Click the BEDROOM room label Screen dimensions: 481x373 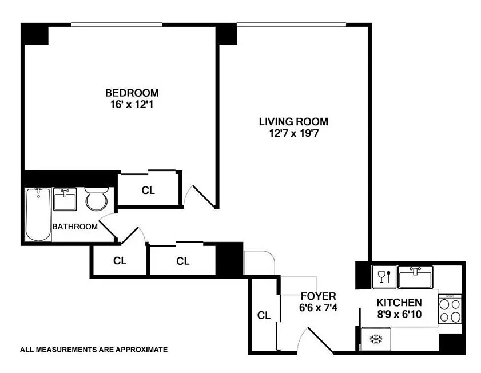tap(132, 93)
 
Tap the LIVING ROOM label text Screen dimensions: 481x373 tap(293, 122)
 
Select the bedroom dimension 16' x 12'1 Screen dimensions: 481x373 tap(132, 105)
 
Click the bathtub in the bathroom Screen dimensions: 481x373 tap(38, 215)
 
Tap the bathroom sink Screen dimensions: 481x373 tap(65, 200)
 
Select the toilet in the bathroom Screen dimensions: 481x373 tap(97, 199)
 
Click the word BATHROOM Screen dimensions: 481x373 tap(75, 227)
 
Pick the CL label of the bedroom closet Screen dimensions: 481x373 tap(148, 191)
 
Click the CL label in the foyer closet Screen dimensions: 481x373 tap(264, 315)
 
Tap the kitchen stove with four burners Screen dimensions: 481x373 tap(450, 309)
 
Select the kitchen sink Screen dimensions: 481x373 tap(415, 277)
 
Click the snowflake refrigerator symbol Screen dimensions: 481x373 tap(376, 339)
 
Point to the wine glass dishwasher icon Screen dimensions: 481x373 tap(384, 277)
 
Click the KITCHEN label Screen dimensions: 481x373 tap(399, 303)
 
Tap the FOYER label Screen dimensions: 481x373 tap(319, 296)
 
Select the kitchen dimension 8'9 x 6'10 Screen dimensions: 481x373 tap(399, 314)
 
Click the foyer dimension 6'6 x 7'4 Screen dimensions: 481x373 tap(319, 307)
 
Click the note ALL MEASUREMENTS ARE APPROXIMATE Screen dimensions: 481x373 tap(94, 350)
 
